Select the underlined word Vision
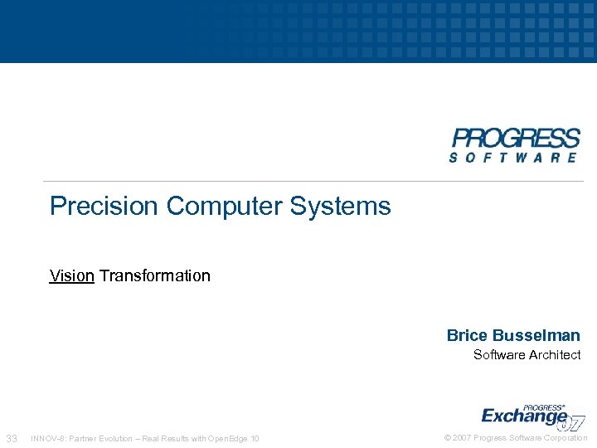pos(72,275)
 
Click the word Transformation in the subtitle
pos(155,275)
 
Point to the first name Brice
pos(467,335)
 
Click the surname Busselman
pos(536,335)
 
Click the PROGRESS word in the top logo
pos(515,138)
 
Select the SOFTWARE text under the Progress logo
pos(514,157)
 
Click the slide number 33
pos(12,438)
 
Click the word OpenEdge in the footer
pos(229,438)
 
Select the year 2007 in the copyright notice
pos(461,438)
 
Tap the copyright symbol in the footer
pos(448,438)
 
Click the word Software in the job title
pos(498,355)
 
